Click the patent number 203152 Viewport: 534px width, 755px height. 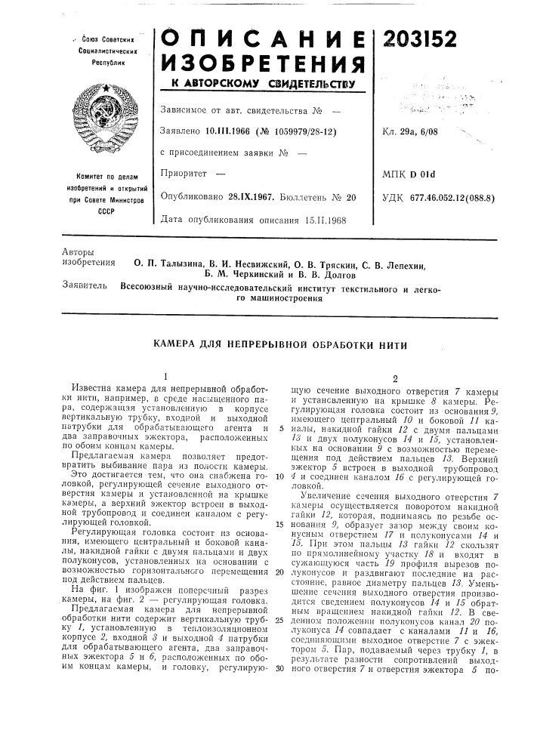click(428, 38)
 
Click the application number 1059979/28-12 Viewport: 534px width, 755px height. click(299, 131)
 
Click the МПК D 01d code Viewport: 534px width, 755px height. click(418, 175)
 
